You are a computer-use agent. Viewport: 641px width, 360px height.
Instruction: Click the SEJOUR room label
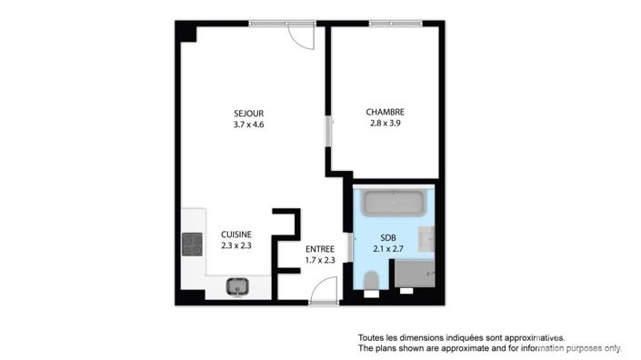pyautogui.click(x=248, y=114)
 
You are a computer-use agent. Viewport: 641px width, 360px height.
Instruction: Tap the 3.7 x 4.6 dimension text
pyautogui.click(x=248, y=125)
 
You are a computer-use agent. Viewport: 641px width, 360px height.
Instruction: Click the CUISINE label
pyautogui.click(x=235, y=234)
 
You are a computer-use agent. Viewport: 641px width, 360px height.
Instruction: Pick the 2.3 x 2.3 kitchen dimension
pyautogui.click(x=235, y=245)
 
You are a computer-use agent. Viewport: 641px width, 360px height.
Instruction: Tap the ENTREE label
pyautogui.click(x=319, y=249)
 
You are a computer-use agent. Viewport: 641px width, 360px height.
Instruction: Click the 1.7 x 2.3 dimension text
pyautogui.click(x=319, y=260)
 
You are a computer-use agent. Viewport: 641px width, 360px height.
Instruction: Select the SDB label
pyautogui.click(x=389, y=236)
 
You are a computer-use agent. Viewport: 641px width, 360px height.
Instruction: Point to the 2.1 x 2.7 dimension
pyautogui.click(x=389, y=247)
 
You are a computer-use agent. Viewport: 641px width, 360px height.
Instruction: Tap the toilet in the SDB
pyautogui.click(x=371, y=283)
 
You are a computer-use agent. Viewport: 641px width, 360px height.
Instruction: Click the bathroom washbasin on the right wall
pyautogui.click(x=427, y=239)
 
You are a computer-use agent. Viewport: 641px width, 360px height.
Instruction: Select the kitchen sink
pyautogui.click(x=238, y=286)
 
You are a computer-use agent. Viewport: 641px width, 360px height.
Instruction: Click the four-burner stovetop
pyautogui.click(x=192, y=243)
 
